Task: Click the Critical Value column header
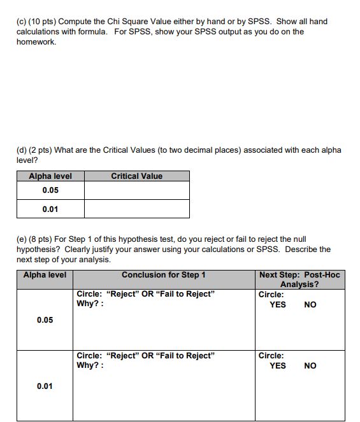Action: pos(136,176)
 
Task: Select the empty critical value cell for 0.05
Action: pos(136,190)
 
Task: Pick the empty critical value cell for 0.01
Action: pos(136,209)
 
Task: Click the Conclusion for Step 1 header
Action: pos(163,275)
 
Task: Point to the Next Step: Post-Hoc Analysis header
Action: pos(299,279)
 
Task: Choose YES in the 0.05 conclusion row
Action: pos(278,305)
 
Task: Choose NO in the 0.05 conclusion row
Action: pos(310,305)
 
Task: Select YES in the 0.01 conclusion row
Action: pos(278,366)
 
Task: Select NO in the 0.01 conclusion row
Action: pos(310,366)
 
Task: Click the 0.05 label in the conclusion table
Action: pos(45,320)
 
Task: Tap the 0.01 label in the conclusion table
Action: pos(45,386)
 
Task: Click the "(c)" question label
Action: pos(22,22)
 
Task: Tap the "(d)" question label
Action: pos(22,150)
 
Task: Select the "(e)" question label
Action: pos(22,239)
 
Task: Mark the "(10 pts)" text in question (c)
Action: pos(45,22)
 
